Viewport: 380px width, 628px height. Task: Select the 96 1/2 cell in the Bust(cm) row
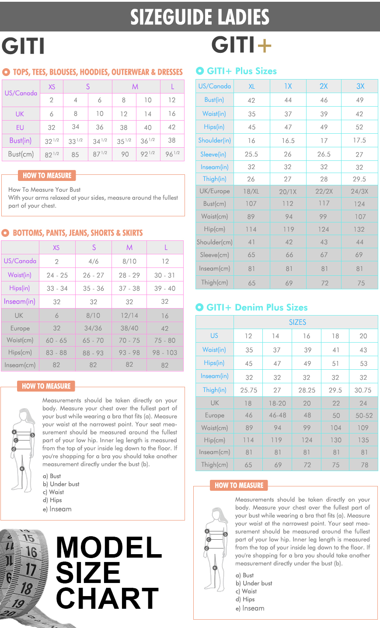pos(172,154)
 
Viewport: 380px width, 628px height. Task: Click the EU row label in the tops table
pos(20,127)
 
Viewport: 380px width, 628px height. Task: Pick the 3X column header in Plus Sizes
pos(360,86)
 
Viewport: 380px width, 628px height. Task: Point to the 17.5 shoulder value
pos(359,140)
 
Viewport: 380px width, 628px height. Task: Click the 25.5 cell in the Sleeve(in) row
pos(251,154)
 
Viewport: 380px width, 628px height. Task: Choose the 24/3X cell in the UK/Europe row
pos(359,191)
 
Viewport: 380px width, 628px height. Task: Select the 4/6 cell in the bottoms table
pos(94,261)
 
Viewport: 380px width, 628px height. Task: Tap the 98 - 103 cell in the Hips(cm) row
pos(165,353)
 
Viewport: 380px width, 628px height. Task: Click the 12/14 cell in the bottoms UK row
pos(129,316)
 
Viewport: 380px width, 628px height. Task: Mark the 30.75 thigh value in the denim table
pos(363,390)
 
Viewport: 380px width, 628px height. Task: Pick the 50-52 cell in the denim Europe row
pos(364,416)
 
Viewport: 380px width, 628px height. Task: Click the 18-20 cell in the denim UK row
pos(277,403)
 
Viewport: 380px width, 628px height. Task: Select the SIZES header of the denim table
pos(297,322)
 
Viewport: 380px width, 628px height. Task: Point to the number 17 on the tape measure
pos(30,569)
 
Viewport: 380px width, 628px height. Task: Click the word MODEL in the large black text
pos(109,548)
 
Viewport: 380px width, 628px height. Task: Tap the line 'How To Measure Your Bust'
pos(45,190)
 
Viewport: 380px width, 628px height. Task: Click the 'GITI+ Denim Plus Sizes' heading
pos(257,307)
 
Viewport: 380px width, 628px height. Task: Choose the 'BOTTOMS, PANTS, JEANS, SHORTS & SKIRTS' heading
pos(77,233)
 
